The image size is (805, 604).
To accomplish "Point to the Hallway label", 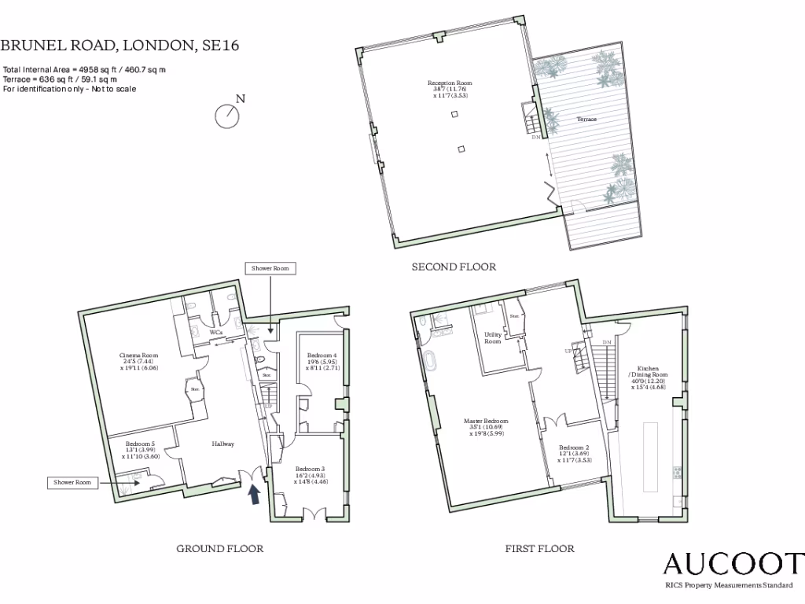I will pos(223,444).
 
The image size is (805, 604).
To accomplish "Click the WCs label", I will pos(216,333).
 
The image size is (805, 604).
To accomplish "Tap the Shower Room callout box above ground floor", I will pos(270,268).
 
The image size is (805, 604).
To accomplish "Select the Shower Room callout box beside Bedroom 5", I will pos(73,482).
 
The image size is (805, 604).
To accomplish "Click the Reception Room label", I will pos(450,85).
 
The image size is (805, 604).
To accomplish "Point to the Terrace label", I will pos(586,119).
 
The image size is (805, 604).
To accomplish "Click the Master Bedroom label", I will pos(486,426).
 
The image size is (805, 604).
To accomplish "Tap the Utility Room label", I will pos(493,337).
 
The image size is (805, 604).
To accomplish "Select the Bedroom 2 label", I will pos(572,454).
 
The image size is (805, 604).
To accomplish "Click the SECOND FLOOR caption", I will pos(454,267).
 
